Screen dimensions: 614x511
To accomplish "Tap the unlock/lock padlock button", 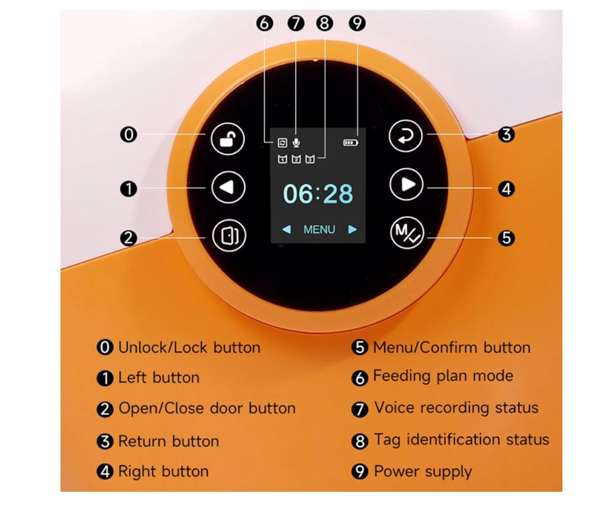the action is pos(227,139).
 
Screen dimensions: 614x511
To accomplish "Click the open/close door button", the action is pos(229,235).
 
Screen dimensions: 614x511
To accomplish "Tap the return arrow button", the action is pos(406,136).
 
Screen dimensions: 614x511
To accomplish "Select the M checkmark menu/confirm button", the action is pos(407,233).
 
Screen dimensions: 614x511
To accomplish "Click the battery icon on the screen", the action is pos(350,143).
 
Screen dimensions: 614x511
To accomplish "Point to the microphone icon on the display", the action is pos(296,143).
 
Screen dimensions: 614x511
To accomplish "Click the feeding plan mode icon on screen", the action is pos(282,143).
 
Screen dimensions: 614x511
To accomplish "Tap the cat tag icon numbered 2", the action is pos(296,159).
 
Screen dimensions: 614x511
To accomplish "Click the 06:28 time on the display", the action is pos(318,193).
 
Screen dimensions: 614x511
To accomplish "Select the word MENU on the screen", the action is pos(319,229).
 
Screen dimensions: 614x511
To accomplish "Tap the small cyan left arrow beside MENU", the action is pos(286,229).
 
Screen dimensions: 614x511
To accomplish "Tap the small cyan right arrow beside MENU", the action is pos(353,229).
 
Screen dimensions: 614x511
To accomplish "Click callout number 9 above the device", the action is pos(357,23).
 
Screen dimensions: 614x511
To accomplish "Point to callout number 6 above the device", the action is pos(264,23).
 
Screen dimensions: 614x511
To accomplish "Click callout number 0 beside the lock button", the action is pos(128,135).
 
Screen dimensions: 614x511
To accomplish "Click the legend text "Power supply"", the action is pos(423,471).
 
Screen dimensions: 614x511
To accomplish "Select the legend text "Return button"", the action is pos(168,442).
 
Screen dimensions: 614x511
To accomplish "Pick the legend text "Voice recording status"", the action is pos(456,408).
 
